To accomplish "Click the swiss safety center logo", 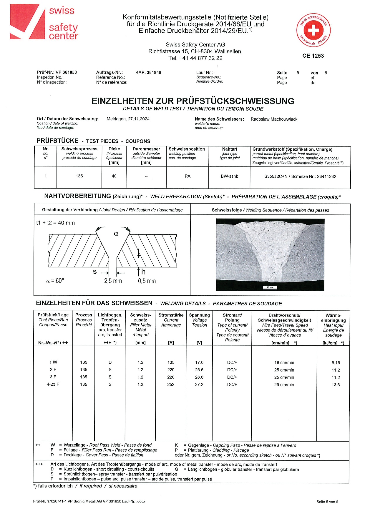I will click(x=44, y=22).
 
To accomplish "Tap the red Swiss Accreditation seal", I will click(x=313, y=30).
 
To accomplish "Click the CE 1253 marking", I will click(x=313, y=56).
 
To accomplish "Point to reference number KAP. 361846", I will click(x=148, y=72).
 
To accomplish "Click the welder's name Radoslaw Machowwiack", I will click(x=274, y=119).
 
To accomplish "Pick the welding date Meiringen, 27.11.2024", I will click(x=128, y=119).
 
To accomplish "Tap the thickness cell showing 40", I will click(x=114, y=176).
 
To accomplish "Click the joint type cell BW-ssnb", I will click(x=229, y=176).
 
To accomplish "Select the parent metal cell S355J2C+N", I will click(x=300, y=177).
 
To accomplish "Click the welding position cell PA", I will click(x=188, y=176).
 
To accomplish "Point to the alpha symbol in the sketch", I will click(x=116, y=234).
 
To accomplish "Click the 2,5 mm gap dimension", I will click(x=113, y=281).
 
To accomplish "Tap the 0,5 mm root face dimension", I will click(x=147, y=281).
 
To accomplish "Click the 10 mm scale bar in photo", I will click(x=270, y=287).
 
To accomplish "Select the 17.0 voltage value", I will click(x=199, y=362).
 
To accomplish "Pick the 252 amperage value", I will click(x=171, y=384).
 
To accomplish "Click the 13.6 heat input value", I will click(x=336, y=385).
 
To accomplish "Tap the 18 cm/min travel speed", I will click(x=284, y=363).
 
